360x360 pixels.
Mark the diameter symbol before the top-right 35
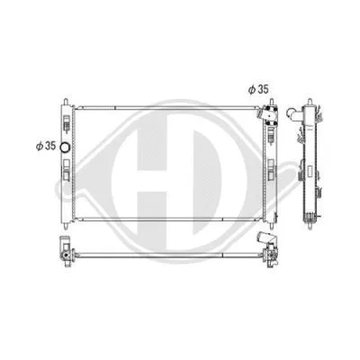[251, 89]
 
